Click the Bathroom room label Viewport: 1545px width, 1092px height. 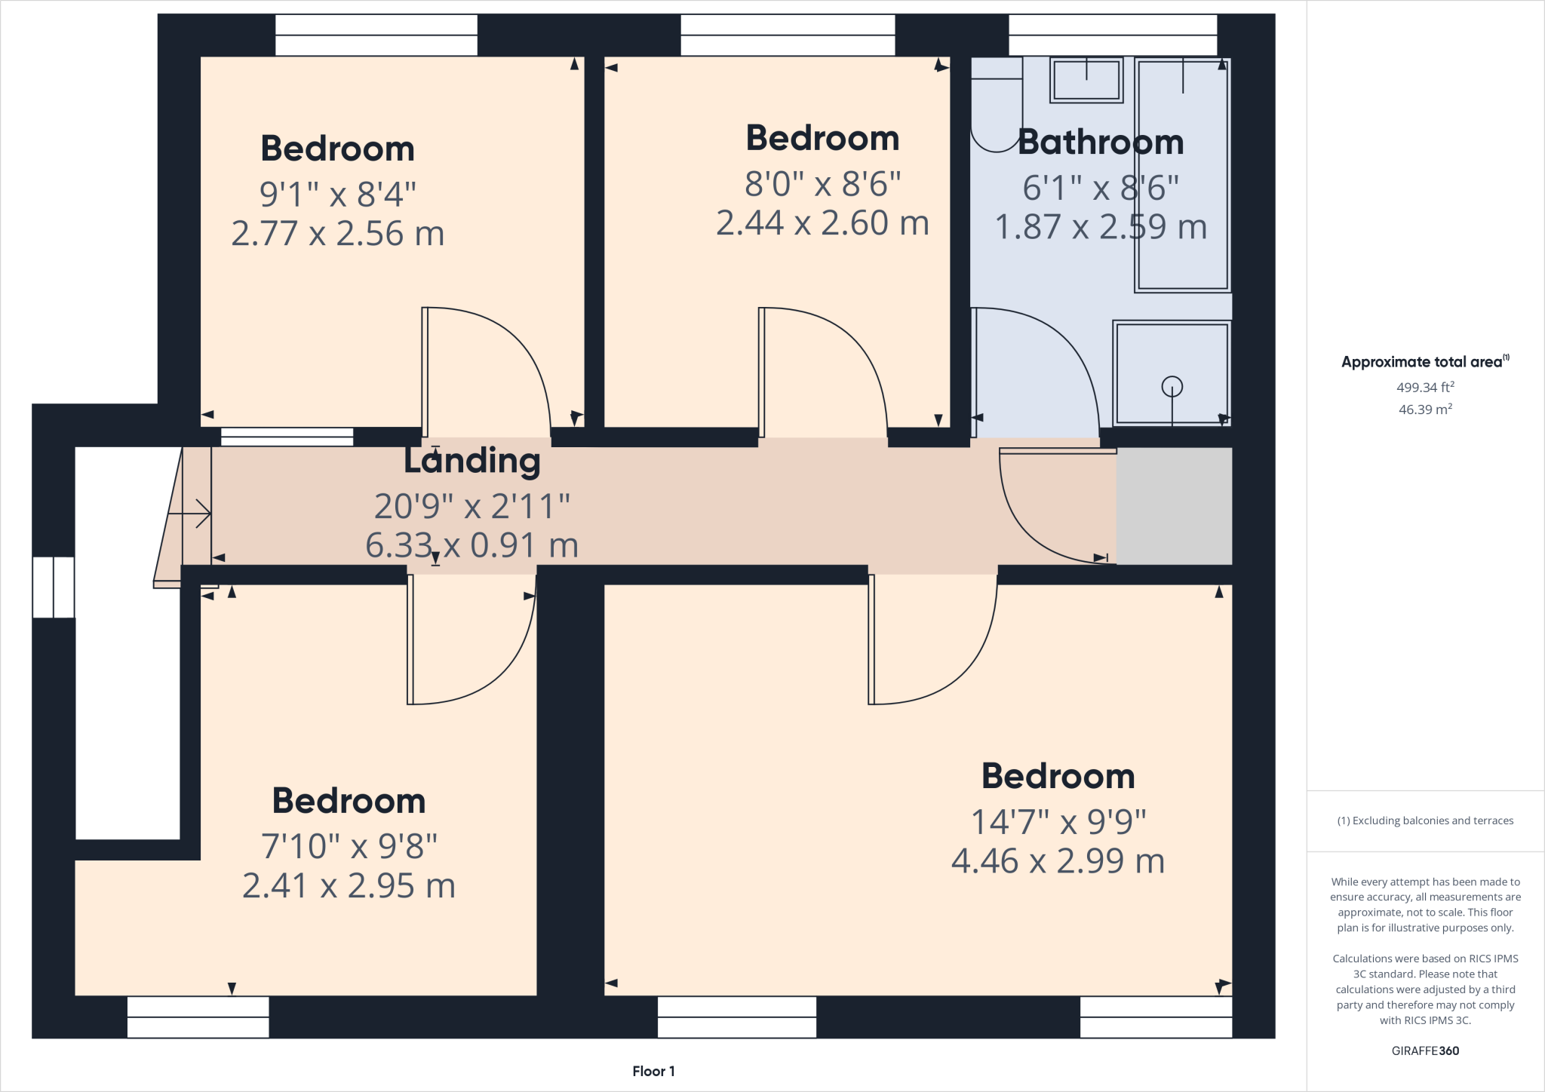click(1101, 143)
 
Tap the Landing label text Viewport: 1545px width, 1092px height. click(472, 461)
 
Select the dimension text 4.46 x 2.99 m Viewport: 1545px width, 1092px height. click(1058, 861)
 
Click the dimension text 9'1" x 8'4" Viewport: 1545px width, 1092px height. click(337, 195)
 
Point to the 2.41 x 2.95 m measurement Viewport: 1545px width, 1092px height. click(349, 886)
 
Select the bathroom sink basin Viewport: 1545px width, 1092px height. click(1086, 80)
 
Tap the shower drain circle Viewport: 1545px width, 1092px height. click(1172, 387)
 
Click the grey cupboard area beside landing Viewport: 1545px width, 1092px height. click(1174, 506)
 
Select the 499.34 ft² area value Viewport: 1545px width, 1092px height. click(1425, 388)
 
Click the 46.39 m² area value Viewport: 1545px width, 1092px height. click(1425, 410)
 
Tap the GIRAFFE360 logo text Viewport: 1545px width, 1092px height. click(1425, 1051)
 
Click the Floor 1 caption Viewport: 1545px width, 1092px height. click(653, 1071)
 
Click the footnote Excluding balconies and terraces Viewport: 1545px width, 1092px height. click(1425, 821)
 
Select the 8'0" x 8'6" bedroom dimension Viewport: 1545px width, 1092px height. click(822, 184)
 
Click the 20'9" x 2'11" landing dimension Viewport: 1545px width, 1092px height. click(472, 506)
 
